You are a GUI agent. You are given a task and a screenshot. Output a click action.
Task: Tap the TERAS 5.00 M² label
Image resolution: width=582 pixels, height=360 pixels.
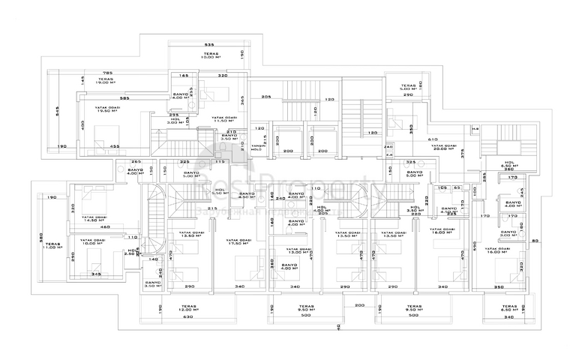(x=408, y=88)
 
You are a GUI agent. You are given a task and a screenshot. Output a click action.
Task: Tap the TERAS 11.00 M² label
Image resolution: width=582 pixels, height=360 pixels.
(x=51, y=246)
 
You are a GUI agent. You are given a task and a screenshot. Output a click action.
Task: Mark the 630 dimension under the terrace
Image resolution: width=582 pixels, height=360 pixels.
(x=188, y=317)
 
